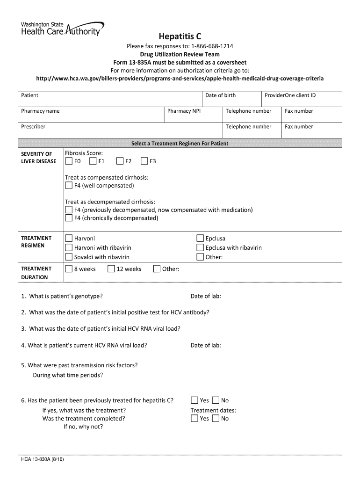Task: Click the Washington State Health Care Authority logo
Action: tap(62, 29)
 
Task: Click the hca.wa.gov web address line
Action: tap(180, 78)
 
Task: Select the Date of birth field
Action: tap(231, 99)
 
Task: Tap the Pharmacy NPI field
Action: tap(193, 115)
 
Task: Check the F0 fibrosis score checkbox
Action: tap(69, 161)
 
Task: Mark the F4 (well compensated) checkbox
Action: tap(69, 186)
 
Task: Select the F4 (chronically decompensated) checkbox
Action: tap(69, 218)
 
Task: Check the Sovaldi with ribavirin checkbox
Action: tap(69, 257)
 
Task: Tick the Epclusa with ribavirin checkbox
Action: tap(200, 247)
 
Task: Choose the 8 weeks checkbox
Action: tap(69, 269)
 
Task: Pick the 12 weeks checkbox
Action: tap(111, 269)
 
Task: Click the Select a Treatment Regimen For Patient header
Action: tap(180, 144)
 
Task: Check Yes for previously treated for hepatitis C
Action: tap(194, 400)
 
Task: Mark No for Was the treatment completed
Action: tap(216, 418)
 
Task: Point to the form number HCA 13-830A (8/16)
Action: tap(42, 460)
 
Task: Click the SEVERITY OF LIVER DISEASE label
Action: tap(39, 158)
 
